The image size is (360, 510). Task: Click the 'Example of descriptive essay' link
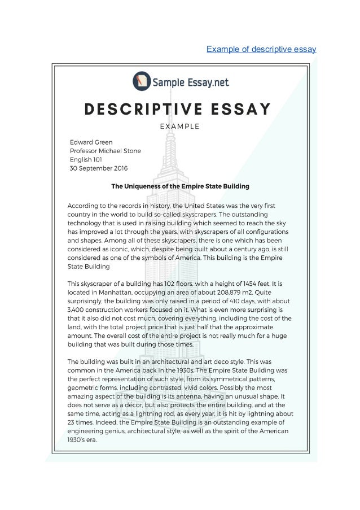tap(261, 49)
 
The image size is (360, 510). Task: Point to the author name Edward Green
tap(91, 142)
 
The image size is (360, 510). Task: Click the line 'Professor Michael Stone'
tap(105, 151)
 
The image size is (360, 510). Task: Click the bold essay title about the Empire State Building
tap(180, 186)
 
